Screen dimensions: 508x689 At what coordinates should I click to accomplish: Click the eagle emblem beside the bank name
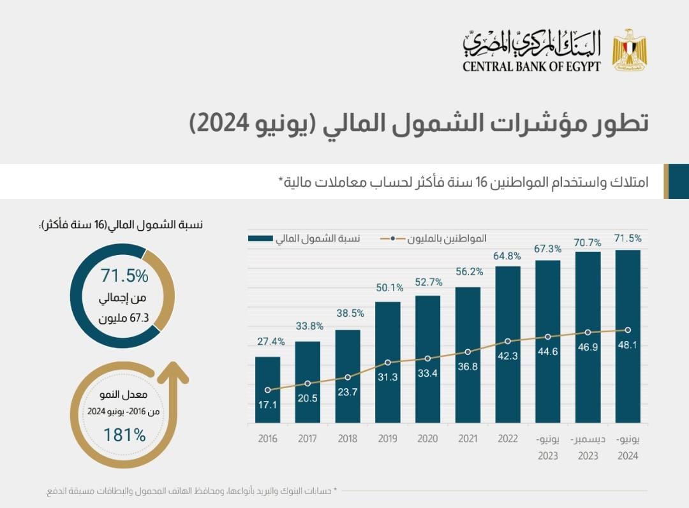630,49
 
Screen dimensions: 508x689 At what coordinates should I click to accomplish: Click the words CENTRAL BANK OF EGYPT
531,66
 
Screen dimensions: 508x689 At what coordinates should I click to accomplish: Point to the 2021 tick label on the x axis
468,439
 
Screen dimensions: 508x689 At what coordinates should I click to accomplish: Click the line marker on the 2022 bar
508,341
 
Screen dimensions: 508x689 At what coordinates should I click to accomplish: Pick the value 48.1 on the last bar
628,345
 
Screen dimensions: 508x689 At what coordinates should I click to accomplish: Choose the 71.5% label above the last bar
628,238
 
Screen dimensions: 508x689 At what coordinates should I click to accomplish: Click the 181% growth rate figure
125,435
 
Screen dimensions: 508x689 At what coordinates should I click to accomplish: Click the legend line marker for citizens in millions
392,238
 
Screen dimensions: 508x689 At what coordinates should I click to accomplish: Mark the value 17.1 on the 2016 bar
268,404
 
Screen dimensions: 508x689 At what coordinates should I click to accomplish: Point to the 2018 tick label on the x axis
348,439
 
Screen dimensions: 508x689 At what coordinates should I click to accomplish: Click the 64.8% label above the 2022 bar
507,255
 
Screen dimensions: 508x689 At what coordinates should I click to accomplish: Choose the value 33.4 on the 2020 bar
427,374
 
